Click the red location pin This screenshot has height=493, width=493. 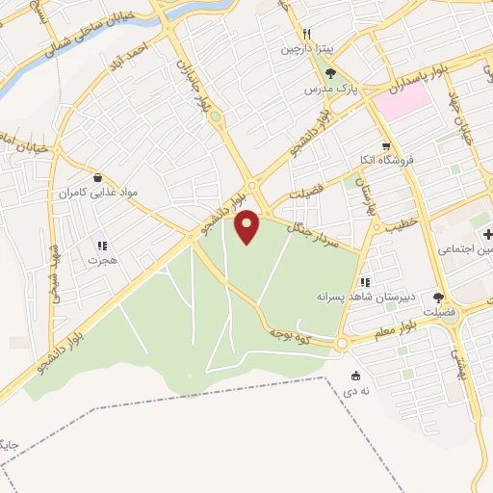tap(248, 226)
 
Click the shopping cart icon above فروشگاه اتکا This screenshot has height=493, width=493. tap(385, 145)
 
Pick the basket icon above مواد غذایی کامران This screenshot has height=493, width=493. tap(98, 177)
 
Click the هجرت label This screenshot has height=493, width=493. tap(100, 260)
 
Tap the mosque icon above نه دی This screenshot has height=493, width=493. tap(357, 376)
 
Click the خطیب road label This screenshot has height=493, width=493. tap(398, 229)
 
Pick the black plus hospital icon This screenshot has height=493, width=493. tap(488, 234)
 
